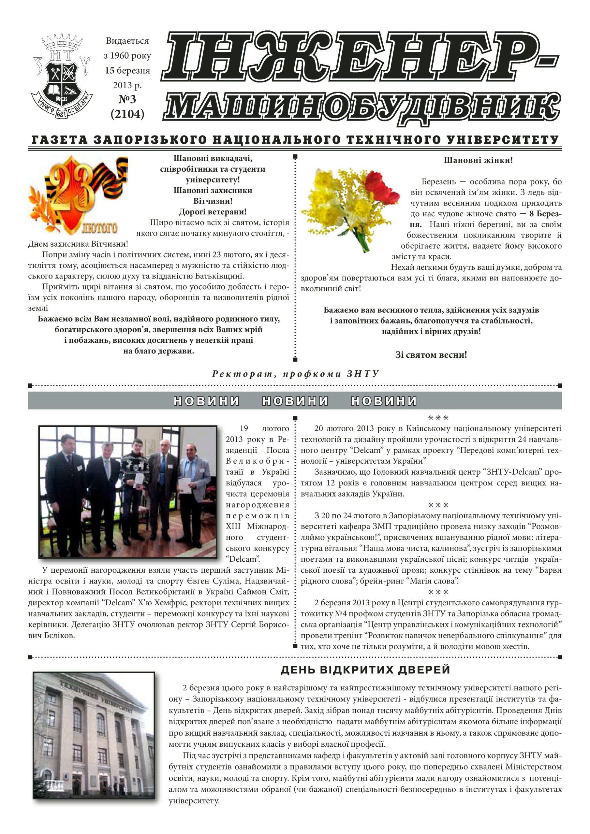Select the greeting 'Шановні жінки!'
[x=478, y=160]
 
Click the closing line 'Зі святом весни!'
[x=431, y=355]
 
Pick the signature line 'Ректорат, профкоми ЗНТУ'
[x=295, y=374]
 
